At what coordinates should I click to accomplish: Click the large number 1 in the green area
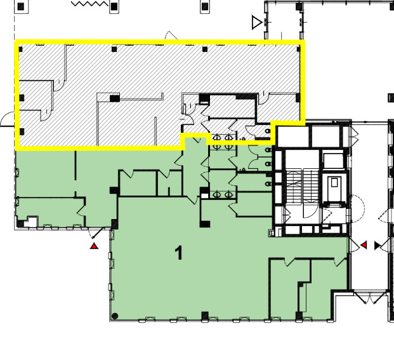(179, 253)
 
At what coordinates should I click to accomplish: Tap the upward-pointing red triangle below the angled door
(95, 246)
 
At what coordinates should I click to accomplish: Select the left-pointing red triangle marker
(364, 245)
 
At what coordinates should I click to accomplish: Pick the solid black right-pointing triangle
(377, 245)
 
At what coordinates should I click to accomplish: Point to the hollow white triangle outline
(257, 22)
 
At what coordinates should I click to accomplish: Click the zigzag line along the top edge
(90, 4)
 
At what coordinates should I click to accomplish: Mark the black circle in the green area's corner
(115, 316)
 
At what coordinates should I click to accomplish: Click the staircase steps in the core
(303, 185)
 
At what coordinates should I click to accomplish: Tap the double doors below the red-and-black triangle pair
(370, 298)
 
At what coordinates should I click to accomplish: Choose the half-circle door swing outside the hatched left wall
(8, 119)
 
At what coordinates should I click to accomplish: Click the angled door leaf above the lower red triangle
(98, 232)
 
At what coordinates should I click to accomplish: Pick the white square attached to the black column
(204, 196)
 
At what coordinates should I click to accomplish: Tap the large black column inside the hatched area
(115, 98)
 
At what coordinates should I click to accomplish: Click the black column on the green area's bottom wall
(205, 316)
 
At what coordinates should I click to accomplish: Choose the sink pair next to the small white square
(223, 194)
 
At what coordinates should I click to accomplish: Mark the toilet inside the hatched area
(268, 131)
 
